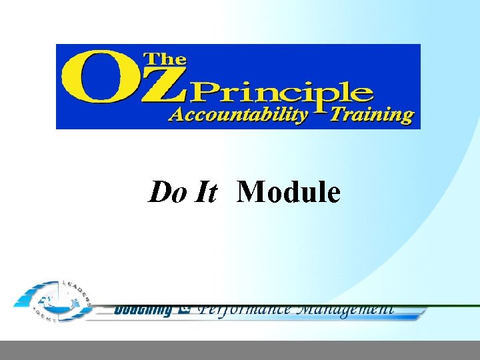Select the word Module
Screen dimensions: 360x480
point(289,193)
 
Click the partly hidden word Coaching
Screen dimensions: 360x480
point(143,309)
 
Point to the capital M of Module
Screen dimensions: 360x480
point(251,193)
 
